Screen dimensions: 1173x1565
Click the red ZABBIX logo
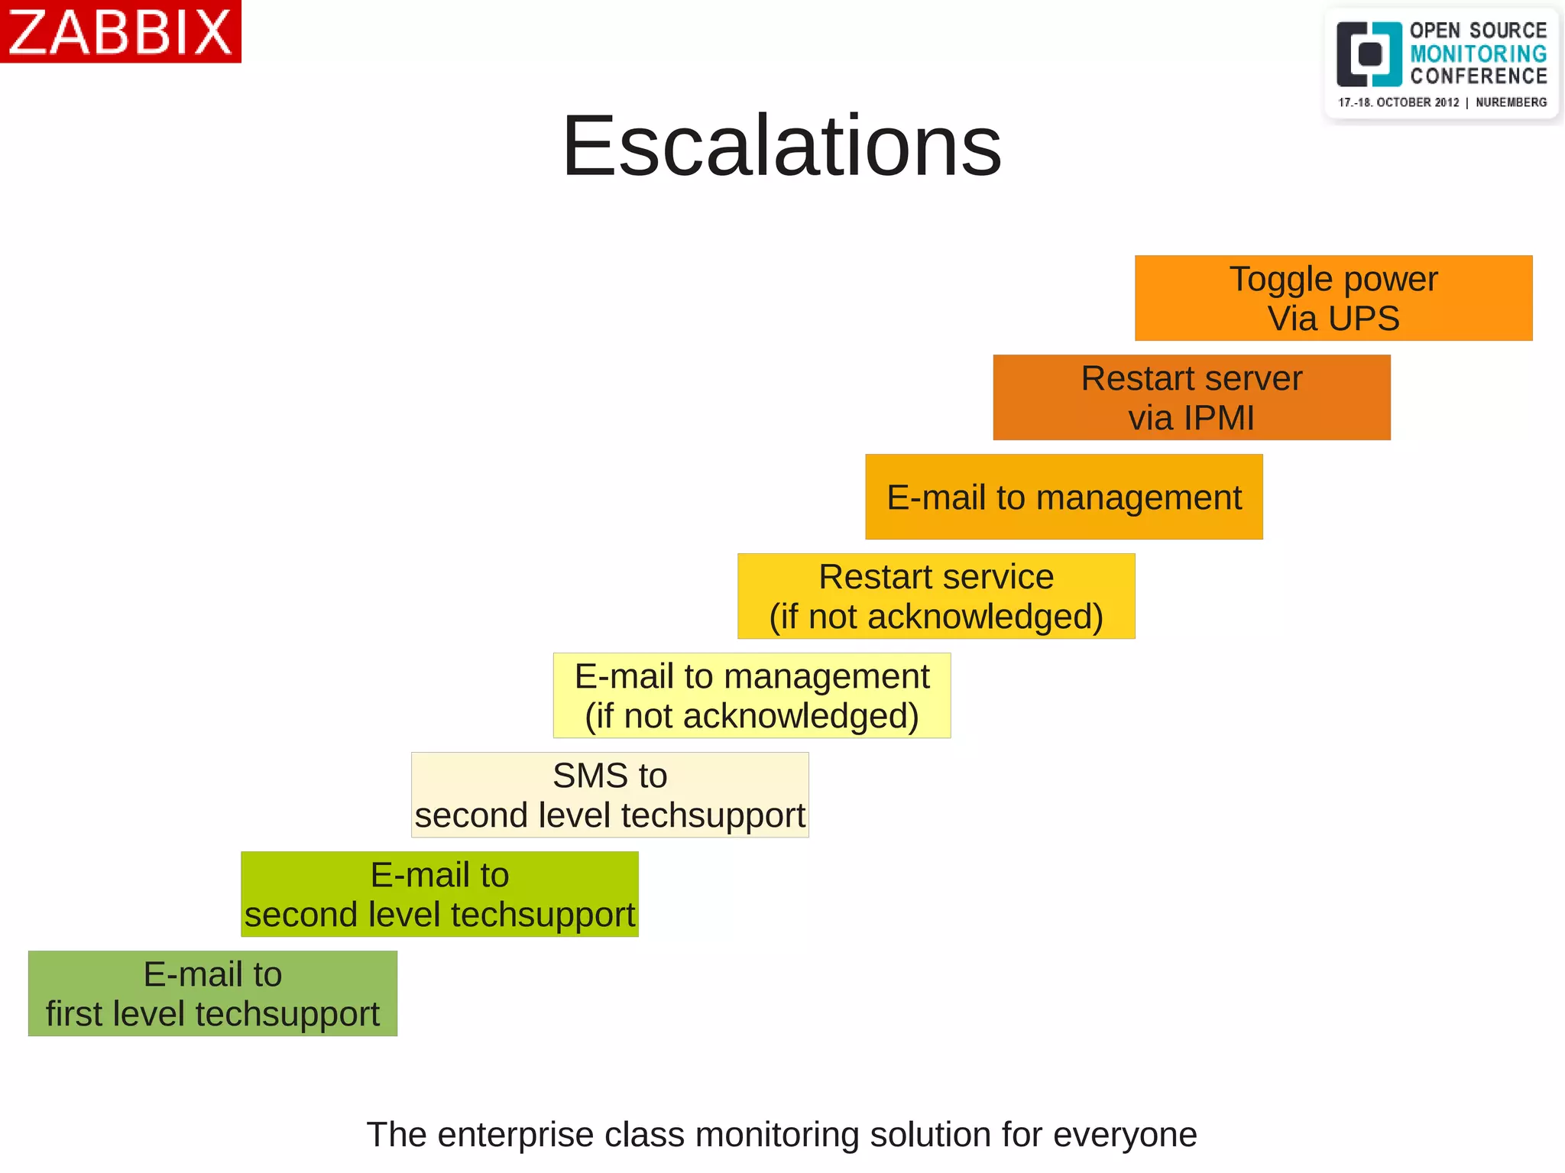coord(120,31)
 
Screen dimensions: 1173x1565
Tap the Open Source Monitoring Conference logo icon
coord(1369,54)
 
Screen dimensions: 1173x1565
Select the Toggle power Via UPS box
coord(1333,298)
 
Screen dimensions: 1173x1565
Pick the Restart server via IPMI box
coord(1191,397)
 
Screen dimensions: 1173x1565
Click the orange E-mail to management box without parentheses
coord(1063,497)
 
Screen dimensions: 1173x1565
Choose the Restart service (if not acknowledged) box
coord(935,596)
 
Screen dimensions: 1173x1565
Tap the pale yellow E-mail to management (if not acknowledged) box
coord(751,695)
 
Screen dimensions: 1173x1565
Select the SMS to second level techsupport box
coord(609,795)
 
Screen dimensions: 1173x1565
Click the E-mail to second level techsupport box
coord(439,894)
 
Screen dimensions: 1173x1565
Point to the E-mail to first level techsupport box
coord(212,993)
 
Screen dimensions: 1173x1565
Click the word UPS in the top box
coord(1363,319)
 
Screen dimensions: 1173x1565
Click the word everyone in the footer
coord(1125,1135)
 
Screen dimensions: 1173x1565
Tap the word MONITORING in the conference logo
coord(1478,53)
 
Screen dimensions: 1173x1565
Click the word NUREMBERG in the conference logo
coord(1511,102)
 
